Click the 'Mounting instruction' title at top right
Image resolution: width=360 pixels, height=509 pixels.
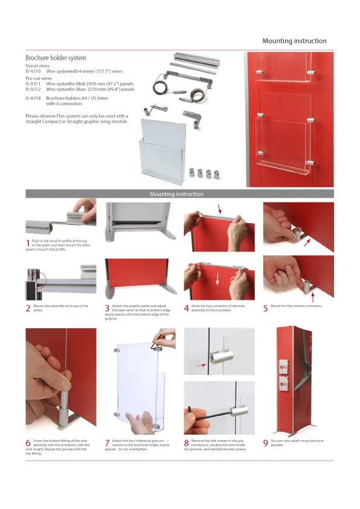coord(294,41)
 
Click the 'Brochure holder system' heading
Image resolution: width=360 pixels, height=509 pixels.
coord(56,58)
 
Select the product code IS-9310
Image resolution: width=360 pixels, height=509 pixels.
coord(33,71)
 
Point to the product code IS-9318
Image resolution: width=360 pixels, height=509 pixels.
coord(33,98)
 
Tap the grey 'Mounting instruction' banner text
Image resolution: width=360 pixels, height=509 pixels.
coord(176,194)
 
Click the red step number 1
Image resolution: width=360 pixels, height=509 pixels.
coord(28,243)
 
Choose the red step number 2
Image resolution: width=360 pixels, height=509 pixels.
coord(28,308)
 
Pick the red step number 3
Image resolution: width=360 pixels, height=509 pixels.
coord(107,308)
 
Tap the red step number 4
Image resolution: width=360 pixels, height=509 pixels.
coord(187,308)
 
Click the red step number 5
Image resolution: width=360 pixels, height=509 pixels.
coord(265,308)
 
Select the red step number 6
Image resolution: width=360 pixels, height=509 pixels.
coord(28,443)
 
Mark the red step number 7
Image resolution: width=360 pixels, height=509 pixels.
coord(107,443)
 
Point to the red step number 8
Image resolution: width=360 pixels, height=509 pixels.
coord(187,443)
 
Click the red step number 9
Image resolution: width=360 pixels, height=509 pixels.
coord(265,443)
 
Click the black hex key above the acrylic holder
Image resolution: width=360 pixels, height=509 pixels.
coord(156,345)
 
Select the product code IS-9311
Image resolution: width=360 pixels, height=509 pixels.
coord(33,84)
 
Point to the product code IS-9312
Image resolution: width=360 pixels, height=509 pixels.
coord(33,89)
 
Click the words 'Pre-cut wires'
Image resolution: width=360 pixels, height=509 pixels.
coord(39,78)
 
